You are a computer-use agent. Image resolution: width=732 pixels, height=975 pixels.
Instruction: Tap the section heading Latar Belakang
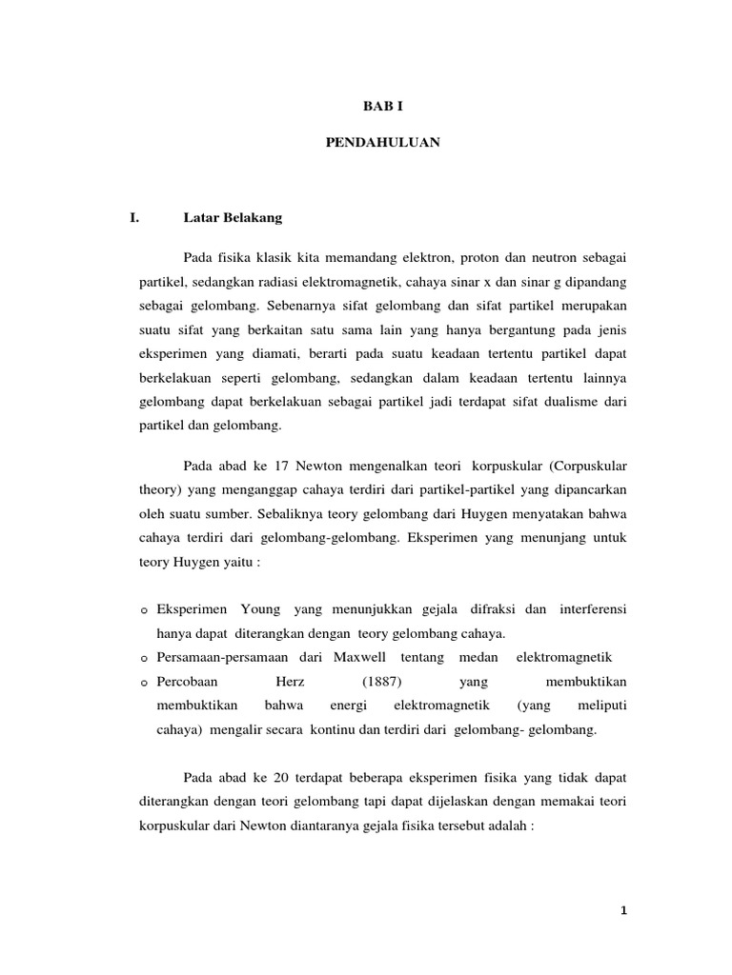pyautogui.click(x=233, y=218)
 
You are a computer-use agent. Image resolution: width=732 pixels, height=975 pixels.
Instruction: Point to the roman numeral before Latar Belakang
pyautogui.click(x=134, y=218)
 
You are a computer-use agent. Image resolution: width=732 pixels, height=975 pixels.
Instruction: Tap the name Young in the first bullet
pyautogui.click(x=260, y=608)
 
